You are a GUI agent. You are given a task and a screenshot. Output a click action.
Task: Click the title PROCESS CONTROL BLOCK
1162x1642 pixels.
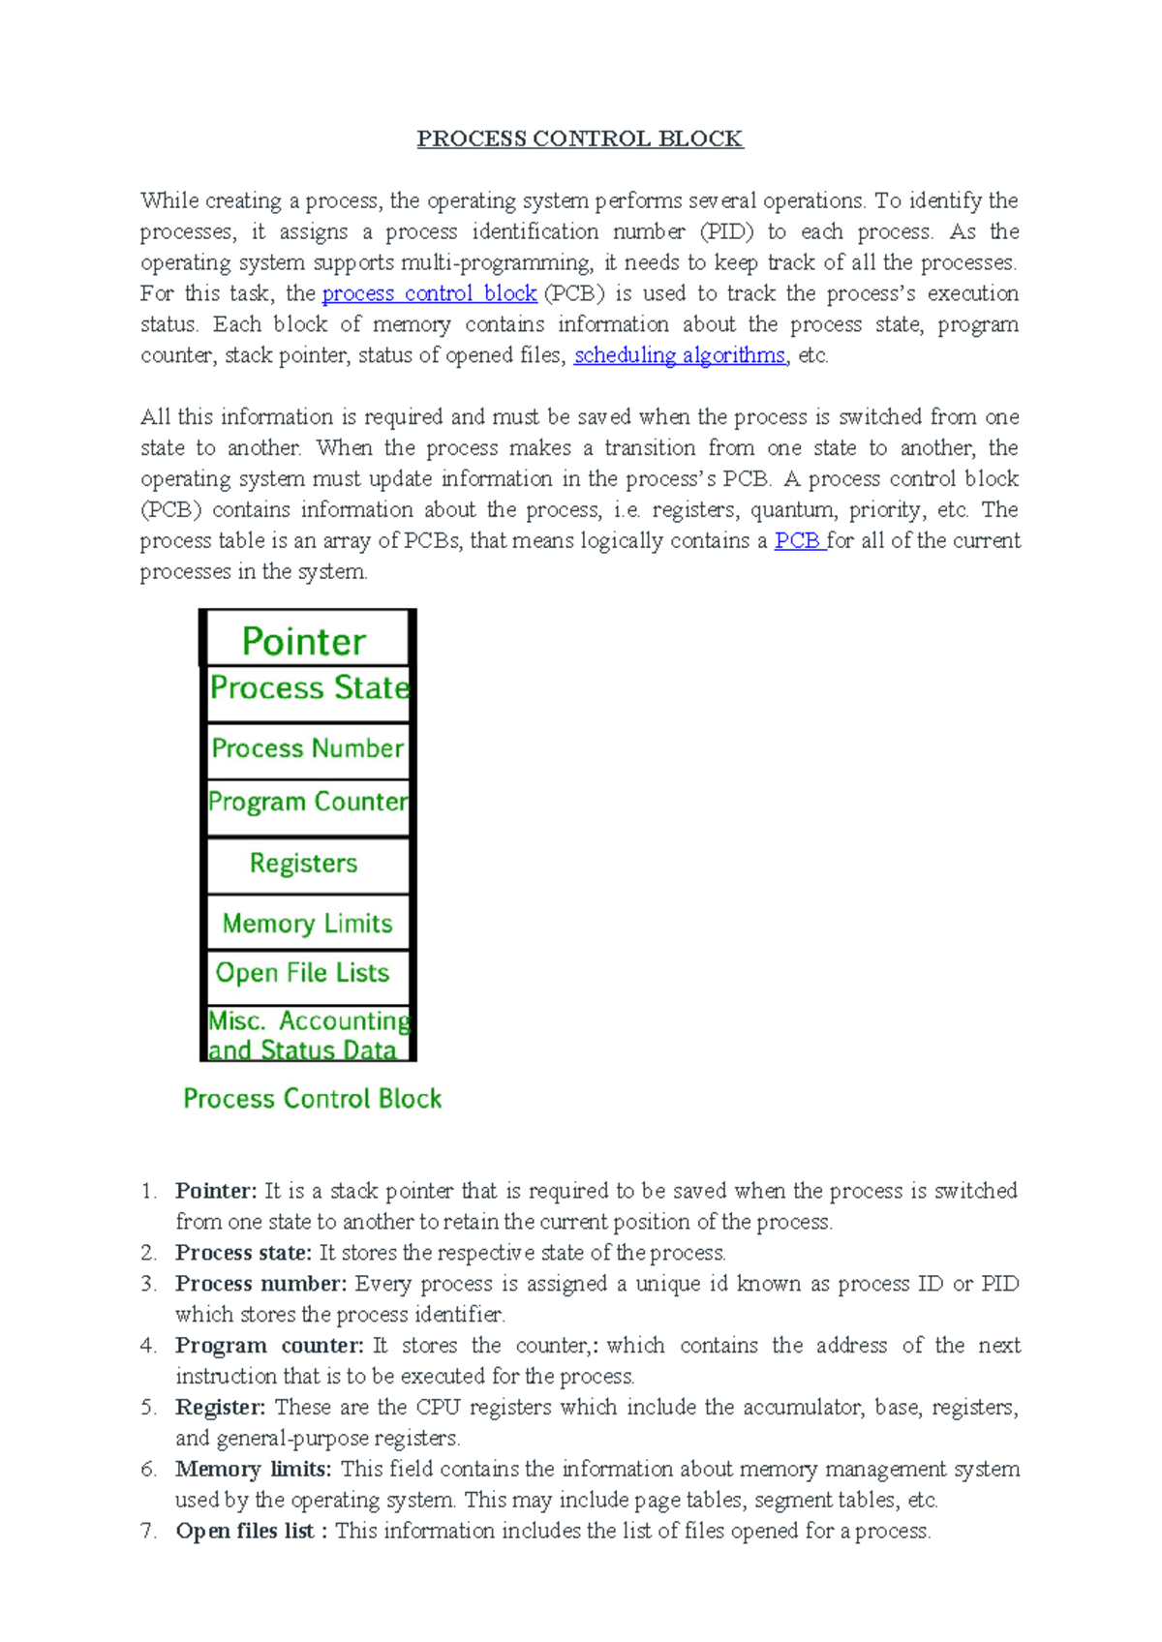579,138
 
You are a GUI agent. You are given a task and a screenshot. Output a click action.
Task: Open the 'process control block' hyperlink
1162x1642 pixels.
429,293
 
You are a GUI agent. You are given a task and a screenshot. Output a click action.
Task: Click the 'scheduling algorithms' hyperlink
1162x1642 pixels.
679,355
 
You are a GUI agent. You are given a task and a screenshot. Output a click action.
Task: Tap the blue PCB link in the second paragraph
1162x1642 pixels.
798,540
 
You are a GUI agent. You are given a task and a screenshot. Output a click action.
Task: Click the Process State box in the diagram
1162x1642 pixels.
309,688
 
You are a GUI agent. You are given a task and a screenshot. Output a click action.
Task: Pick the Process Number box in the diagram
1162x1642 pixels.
307,748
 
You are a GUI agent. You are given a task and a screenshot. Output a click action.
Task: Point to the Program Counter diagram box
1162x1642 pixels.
308,802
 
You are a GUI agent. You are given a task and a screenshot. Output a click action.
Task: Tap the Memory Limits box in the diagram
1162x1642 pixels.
307,924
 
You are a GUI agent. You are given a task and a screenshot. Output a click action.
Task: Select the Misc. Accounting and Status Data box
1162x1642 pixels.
308,1034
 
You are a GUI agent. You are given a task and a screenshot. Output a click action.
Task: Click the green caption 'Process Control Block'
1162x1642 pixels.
312,1099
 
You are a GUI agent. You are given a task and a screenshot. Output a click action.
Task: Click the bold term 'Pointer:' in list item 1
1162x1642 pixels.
216,1191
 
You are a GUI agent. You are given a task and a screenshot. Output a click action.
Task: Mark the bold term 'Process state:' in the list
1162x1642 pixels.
243,1253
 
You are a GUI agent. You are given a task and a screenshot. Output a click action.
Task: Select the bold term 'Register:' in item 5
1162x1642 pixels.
220,1407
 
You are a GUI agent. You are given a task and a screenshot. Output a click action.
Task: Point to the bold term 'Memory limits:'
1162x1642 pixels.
253,1469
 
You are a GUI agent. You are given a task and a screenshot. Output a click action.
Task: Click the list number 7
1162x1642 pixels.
148,1531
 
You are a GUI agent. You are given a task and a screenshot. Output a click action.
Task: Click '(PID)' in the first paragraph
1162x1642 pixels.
726,231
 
